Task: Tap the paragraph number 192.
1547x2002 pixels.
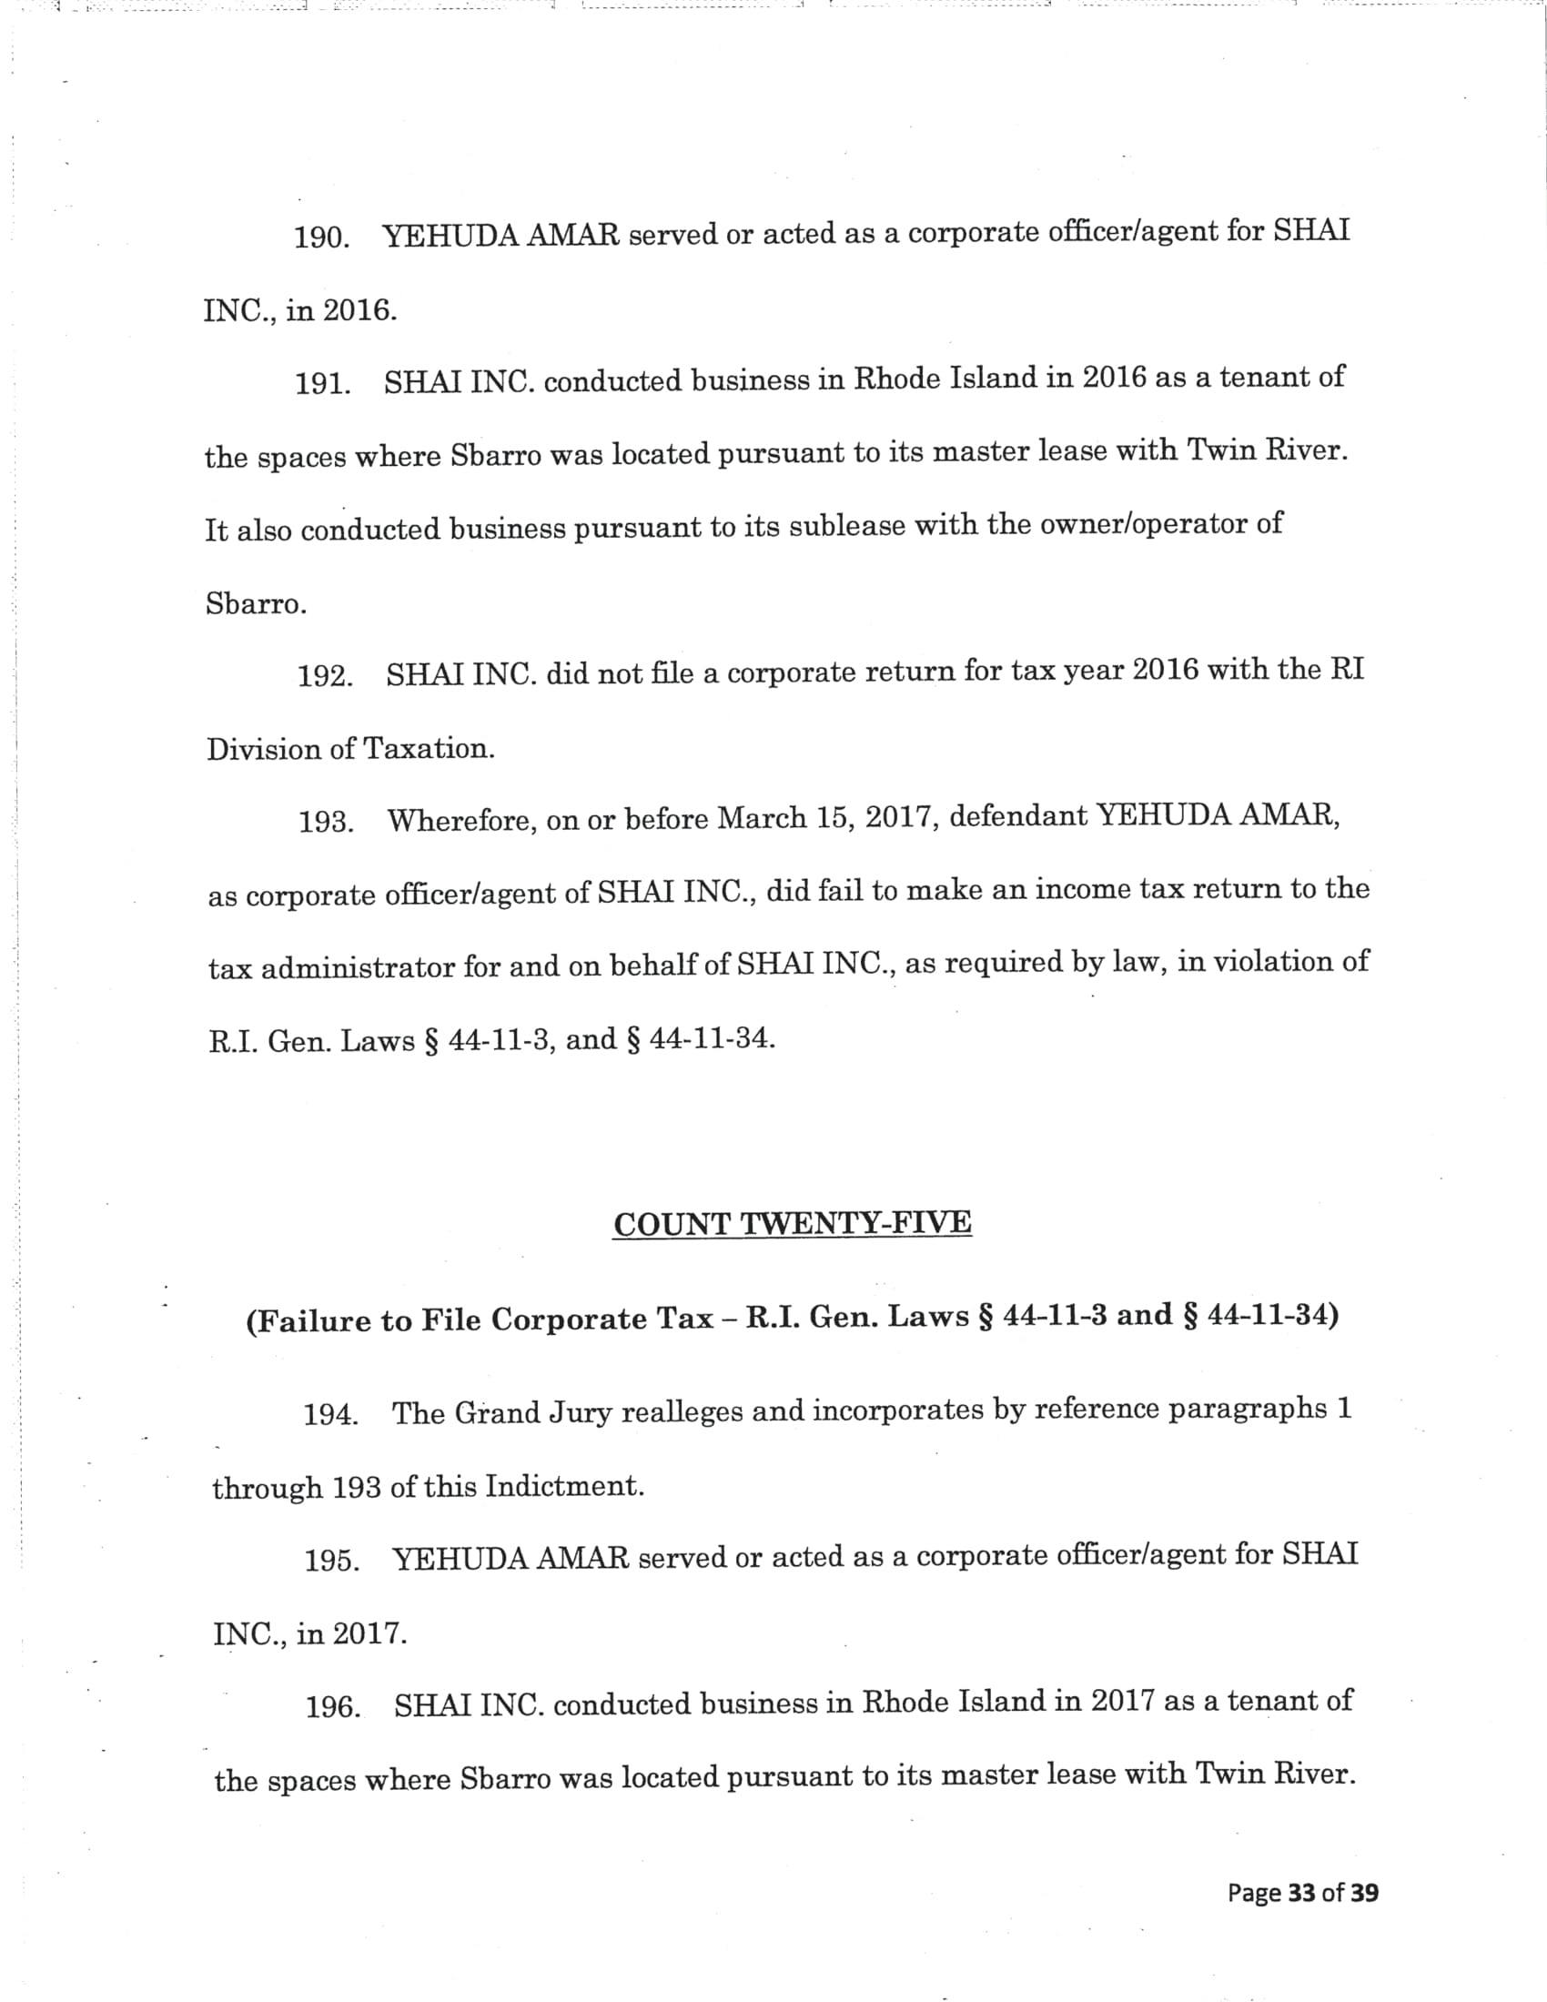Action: (x=326, y=675)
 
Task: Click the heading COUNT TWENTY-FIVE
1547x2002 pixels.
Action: (x=792, y=1224)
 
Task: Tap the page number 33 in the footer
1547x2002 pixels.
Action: (x=1301, y=1892)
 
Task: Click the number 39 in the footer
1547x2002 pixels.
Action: (x=1364, y=1892)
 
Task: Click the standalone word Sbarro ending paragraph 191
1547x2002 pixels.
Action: (x=254, y=605)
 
